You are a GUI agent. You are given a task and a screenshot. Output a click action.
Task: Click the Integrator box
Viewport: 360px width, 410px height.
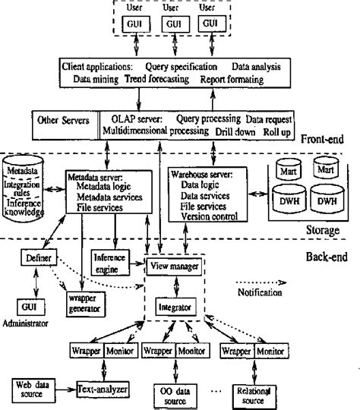pyautogui.click(x=174, y=306)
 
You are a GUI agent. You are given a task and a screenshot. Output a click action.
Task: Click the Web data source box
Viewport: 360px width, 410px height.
pyautogui.click(x=33, y=388)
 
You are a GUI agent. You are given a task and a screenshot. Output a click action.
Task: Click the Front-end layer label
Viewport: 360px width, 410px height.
pyautogui.click(x=324, y=140)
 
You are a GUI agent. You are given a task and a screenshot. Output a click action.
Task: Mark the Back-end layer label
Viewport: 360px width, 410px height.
pyautogui.click(x=323, y=257)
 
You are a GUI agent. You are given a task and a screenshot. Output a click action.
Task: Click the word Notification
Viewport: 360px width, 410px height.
pyautogui.click(x=259, y=292)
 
